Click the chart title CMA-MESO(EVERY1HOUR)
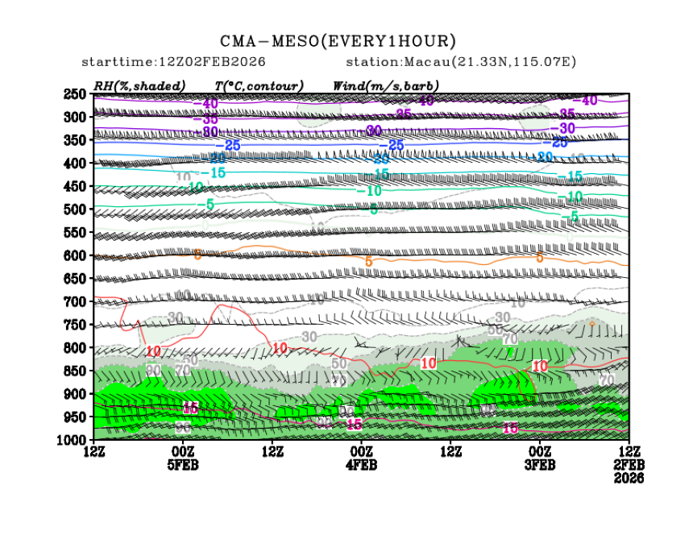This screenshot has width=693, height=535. [x=338, y=41]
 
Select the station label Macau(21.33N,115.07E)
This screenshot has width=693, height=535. [x=461, y=62]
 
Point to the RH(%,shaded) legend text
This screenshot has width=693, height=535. [x=139, y=85]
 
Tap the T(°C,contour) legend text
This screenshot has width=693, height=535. [x=259, y=85]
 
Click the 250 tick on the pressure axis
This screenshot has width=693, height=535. [x=74, y=94]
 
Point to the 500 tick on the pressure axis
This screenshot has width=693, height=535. [x=74, y=209]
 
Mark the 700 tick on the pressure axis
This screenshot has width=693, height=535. [x=74, y=302]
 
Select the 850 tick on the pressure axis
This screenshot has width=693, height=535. [x=74, y=371]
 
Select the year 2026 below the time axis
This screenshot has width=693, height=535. [x=628, y=478]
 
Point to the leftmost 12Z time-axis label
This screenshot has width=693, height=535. [x=94, y=452]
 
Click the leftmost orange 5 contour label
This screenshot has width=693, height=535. [x=197, y=255]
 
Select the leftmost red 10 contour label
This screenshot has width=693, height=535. [x=155, y=351]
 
